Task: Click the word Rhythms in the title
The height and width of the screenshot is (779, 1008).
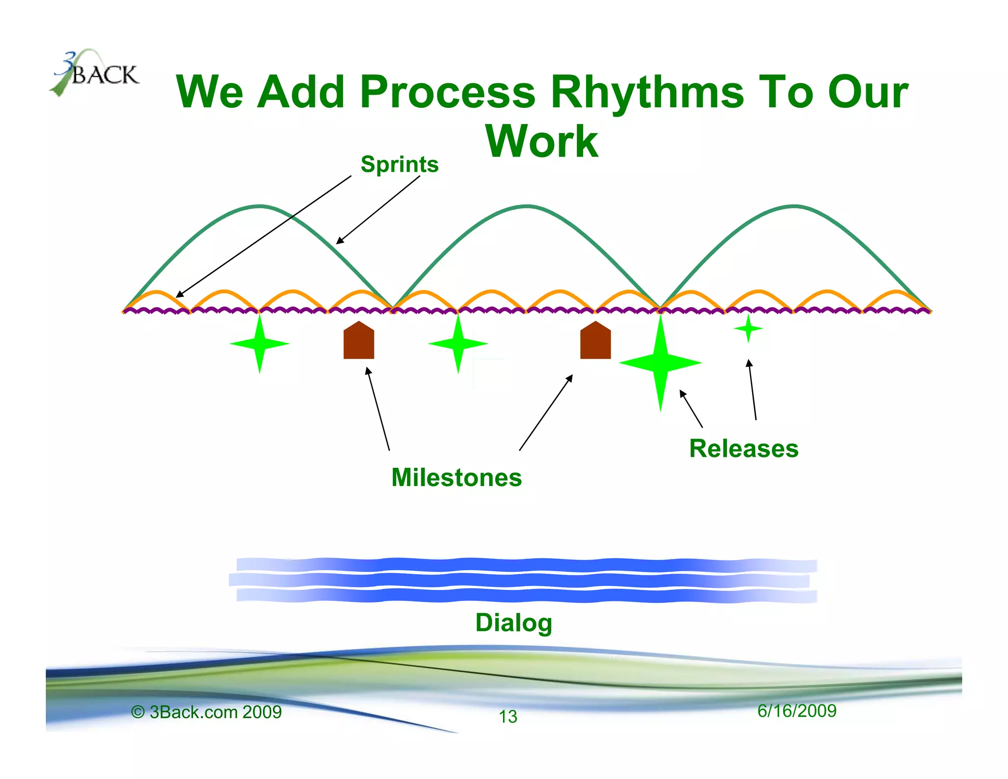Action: [647, 92]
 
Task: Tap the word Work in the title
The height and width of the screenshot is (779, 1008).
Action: [541, 141]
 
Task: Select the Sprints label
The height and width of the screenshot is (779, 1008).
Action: [399, 164]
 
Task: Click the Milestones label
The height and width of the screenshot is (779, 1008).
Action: [456, 477]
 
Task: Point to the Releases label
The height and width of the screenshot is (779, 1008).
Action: [743, 449]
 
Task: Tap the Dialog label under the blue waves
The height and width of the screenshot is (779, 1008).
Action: [513, 622]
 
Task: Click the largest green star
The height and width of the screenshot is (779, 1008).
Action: [661, 363]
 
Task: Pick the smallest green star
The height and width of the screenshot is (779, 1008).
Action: [748, 328]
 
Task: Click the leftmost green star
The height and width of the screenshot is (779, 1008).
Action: [259, 344]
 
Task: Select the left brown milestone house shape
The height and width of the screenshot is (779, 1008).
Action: [358, 341]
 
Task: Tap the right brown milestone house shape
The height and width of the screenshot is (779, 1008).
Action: [595, 341]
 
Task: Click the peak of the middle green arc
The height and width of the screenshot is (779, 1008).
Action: [527, 206]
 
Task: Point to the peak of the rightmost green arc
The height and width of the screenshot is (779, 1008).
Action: [794, 206]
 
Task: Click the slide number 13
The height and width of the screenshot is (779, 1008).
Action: [508, 716]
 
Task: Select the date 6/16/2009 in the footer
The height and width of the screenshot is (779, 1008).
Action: [796, 711]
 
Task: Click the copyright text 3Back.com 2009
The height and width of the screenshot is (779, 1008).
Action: [207, 712]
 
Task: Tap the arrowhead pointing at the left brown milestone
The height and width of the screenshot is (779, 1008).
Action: [367, 370]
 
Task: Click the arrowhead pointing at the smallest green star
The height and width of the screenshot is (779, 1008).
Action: [749, 362]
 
